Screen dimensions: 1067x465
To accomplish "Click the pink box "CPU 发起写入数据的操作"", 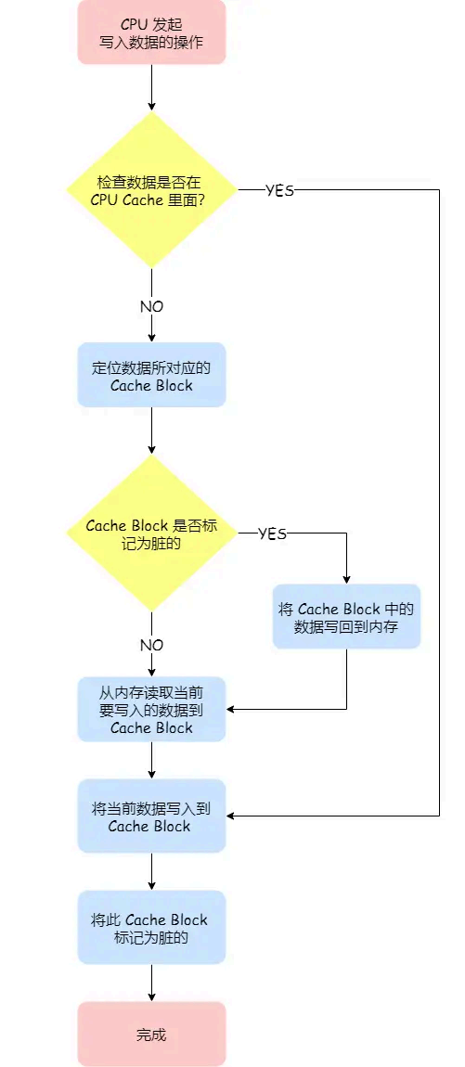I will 151,32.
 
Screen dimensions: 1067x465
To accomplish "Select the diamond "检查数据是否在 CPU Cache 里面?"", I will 151,190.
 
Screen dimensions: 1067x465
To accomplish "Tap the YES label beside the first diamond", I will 279,190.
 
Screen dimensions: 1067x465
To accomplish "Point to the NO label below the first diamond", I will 151,306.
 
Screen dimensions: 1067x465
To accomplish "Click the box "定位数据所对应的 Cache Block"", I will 151,375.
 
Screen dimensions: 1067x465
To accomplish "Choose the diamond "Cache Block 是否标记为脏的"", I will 151,533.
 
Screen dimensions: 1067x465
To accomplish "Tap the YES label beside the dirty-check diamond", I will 272,533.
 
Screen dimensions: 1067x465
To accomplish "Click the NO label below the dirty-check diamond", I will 151,645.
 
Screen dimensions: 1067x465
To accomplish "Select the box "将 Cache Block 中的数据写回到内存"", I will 346,616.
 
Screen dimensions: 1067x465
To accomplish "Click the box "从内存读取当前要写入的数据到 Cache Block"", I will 151,709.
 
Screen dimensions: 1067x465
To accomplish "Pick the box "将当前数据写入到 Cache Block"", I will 151,816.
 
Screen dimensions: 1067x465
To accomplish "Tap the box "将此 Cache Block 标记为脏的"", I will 151,927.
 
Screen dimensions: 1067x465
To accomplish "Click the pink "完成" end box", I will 151,1034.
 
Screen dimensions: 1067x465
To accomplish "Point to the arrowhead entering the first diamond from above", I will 151,106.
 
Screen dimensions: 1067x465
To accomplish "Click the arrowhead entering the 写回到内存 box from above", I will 346,578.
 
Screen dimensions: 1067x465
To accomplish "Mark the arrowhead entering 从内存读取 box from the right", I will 232,710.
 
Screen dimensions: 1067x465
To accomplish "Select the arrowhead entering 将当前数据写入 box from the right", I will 232,816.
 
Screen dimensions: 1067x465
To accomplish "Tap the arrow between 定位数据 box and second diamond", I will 151,429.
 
